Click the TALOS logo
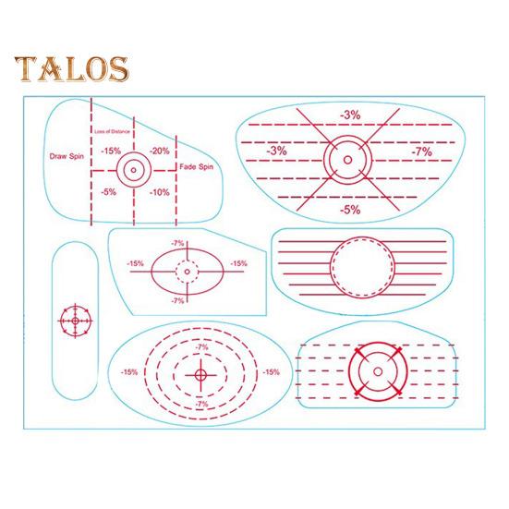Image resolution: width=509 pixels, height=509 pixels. (x=71, y=69)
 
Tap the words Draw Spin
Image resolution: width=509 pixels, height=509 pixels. (x=67, y=156)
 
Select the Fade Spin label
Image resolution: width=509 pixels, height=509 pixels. (x=197, y=167)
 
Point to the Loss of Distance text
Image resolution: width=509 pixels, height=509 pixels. (x=112, y=131)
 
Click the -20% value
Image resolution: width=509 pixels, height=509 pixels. (x=160, y=151)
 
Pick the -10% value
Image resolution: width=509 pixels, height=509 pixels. (x=160, y=192)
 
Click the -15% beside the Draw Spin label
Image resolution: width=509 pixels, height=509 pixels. (x=111, y=151)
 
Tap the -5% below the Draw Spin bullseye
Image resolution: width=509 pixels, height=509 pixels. (x=108, y=192)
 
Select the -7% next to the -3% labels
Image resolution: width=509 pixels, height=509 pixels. (x=422, y=151)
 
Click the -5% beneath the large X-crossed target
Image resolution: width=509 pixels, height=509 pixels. (x=350, y=210)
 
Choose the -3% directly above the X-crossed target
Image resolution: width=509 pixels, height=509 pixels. (x=350, y=115)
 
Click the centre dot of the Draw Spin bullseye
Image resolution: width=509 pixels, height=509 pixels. (x=133, y=170)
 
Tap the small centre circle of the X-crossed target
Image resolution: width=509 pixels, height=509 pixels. (x=347, y=160)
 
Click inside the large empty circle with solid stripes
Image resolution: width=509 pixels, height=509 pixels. (x=362, y=268)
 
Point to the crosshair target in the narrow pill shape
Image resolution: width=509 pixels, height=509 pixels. (x=76, y=321)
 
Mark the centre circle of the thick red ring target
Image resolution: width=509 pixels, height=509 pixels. (x=378, y=371)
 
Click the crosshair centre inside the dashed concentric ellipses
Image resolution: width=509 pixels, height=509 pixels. (x=201, y=375)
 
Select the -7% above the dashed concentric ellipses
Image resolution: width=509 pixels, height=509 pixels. (x=201, y=347)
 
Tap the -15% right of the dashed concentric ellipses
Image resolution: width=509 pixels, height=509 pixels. (x=271, y=372)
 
